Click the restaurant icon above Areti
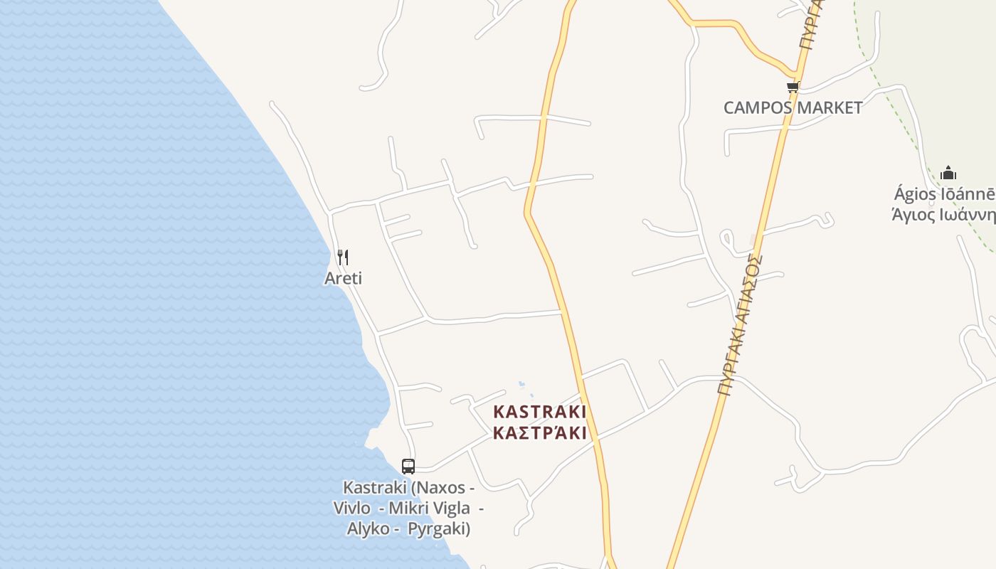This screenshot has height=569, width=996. click(342, 257)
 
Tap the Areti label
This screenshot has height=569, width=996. click(343, 278)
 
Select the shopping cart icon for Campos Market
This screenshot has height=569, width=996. click(793, 87)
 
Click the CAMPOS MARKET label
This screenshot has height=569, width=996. click(793, 108)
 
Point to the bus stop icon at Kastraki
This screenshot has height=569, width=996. click(408, 467)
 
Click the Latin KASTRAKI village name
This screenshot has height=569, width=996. click(539, 412)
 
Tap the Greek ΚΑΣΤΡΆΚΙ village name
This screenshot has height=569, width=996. click(539, 432)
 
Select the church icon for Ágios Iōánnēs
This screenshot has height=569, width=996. click(948, 173)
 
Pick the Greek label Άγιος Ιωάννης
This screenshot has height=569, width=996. click(943, 214)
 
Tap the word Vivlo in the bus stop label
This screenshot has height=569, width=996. click(351, 508)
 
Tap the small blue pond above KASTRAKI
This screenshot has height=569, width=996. click(523, 385)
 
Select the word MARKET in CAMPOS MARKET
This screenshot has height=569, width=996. click(829, 108)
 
